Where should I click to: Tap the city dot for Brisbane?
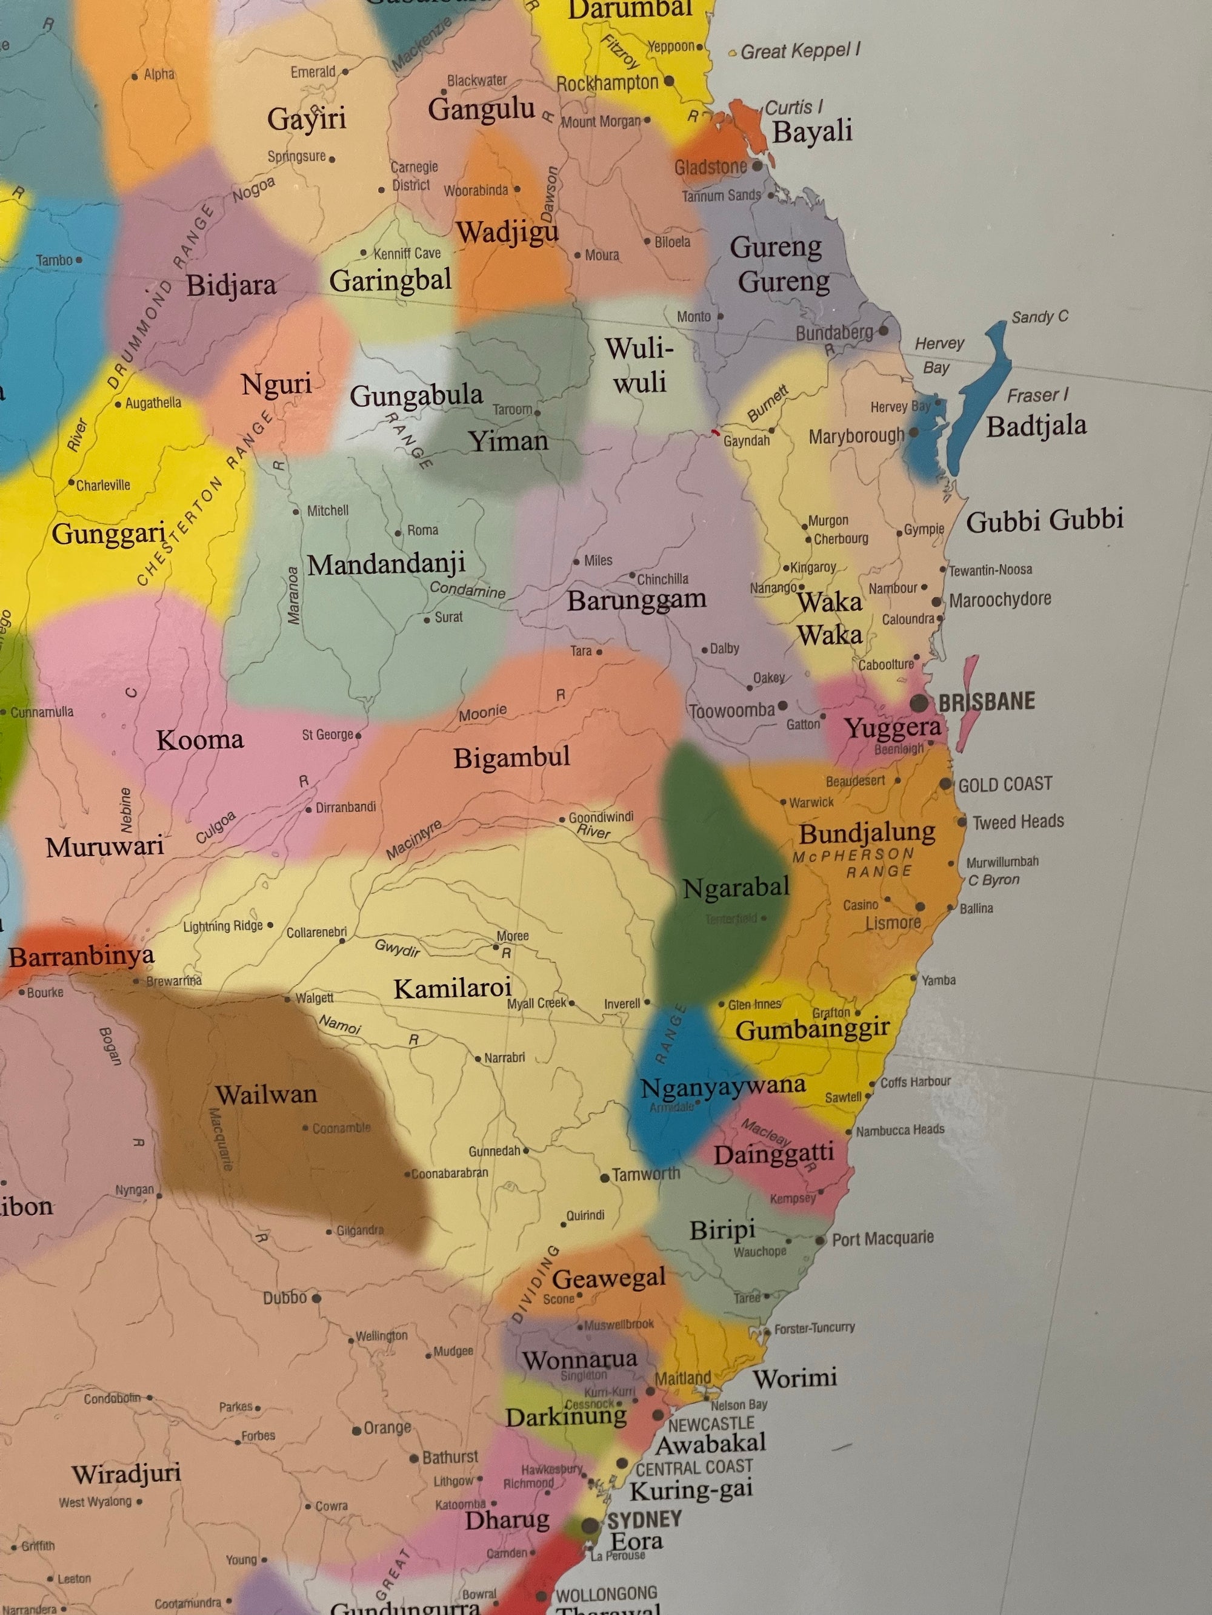coord(919,703)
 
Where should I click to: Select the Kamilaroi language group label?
coord(452,989)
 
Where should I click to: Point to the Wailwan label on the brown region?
coord(266,1094)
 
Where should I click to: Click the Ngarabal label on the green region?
coord(736,888)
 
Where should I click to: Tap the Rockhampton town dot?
coord(668,81)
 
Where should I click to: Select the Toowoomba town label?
coord(732,710)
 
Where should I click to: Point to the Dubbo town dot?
coord(316,1298)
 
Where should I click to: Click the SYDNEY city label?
coord(644,1519)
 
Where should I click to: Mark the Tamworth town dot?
coord(605,1178)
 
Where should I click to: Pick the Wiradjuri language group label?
coord(127,1473)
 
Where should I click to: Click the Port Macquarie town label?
coord(882,1238)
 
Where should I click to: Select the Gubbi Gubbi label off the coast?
coord(1045,520)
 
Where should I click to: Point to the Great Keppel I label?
coord(800,51)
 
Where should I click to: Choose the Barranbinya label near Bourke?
coord(81,956)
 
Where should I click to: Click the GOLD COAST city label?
coord(1005,784)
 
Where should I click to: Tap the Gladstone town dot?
coord(757,166)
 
